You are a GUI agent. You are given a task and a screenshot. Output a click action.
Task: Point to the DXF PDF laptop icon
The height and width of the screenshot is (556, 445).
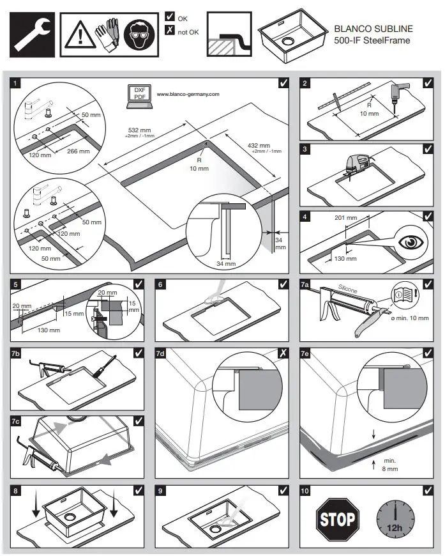coord(139,94)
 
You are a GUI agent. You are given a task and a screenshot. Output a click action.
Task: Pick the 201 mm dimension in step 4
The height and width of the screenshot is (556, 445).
coord(345,218)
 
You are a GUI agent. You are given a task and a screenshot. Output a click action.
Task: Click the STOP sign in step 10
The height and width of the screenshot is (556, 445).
coord(336,518)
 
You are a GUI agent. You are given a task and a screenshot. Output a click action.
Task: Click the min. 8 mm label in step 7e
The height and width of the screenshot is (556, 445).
coord(390,465)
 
